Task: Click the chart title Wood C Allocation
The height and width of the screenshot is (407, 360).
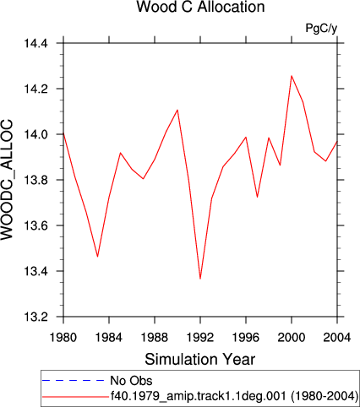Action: click(200, 7)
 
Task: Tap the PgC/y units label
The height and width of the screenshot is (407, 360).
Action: click(321, 29)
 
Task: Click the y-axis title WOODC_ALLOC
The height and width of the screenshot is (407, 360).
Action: click(7, 180)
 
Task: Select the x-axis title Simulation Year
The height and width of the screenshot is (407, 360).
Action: click(200, 360)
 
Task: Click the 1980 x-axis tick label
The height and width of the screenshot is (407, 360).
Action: click(63, 337)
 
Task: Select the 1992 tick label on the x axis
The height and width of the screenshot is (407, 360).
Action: click(200, 337)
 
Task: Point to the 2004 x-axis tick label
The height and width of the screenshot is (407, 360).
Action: click(337, 337)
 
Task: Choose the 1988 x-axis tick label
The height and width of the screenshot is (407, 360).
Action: click(155, 337)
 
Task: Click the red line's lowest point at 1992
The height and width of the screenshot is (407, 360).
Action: click(200, 279)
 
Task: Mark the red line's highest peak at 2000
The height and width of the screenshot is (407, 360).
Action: click(292, 76)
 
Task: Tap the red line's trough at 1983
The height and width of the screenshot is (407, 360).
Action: click(97, 257)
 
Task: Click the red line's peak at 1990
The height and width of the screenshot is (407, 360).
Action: click(177, 110)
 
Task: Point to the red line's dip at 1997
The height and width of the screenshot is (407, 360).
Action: click(257, 197)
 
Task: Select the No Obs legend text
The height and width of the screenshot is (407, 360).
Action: click(131, 381)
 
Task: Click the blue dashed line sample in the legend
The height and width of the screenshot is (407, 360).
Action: click(74, 381)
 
